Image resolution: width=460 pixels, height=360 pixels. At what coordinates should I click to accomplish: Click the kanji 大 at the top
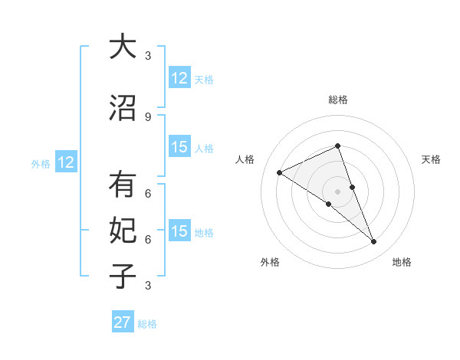tap(123, 47)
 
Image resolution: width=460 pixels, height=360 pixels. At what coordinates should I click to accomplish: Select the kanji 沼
tap(123, 109)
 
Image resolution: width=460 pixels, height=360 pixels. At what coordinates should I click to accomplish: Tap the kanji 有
tap(123, 185)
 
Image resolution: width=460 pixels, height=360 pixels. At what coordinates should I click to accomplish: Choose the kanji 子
tap(123, 276)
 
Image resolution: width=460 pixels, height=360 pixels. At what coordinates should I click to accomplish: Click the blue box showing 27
tap(123, 322)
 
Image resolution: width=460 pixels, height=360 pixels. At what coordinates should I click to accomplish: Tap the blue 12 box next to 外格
tap(66, 162)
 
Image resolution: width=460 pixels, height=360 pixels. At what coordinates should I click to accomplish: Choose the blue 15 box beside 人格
tap(179, 147)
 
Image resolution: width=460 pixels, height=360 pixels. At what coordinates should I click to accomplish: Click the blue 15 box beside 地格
tap(179, 231)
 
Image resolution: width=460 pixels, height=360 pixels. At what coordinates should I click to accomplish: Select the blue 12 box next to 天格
tap(179, 78)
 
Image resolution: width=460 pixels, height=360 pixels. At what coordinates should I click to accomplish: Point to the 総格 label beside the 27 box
tap(147, 324)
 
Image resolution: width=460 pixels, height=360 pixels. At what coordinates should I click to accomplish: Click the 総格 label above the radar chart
tap(337, 100)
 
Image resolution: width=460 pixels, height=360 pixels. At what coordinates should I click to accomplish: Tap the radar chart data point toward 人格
tap(280, 173)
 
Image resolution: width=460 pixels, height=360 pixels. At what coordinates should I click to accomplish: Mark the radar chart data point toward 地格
tap(374, 242)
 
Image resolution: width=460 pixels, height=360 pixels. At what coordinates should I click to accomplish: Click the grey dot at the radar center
tap(337, 191)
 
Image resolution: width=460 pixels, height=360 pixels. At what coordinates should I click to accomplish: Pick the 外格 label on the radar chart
tap(270, 262)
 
